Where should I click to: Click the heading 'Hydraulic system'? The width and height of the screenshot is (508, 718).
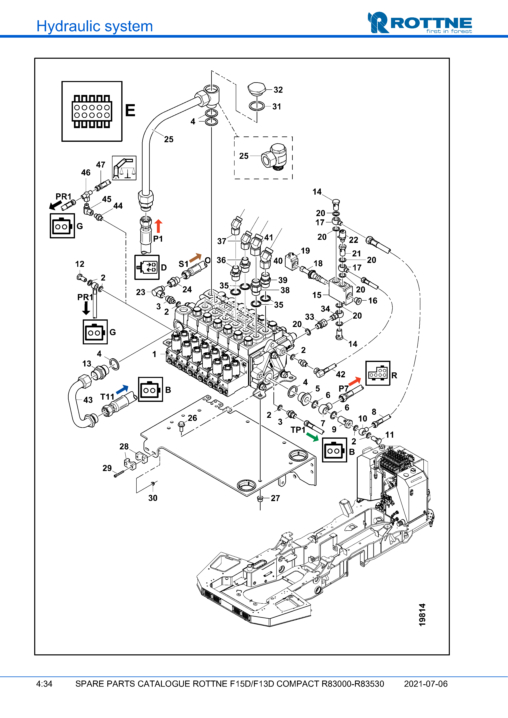[x=94, y=26]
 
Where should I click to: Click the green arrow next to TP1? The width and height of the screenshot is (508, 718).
[x=312, y=437]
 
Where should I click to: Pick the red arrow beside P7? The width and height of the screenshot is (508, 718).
[x=354, y=381]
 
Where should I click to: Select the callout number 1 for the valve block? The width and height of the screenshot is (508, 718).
[x=154, y=354]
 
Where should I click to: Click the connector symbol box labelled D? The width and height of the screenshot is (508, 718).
[x=147, y=267]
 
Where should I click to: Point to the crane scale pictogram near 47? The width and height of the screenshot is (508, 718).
[x=124, y=168]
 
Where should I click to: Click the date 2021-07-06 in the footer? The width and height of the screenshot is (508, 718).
[x=426, y=684]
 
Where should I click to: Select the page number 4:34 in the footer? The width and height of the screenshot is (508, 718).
[x=44, y=684]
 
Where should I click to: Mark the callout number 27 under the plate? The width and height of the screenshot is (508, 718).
[x=275, y=498]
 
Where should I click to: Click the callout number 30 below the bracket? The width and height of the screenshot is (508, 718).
[x=153, y=498]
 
